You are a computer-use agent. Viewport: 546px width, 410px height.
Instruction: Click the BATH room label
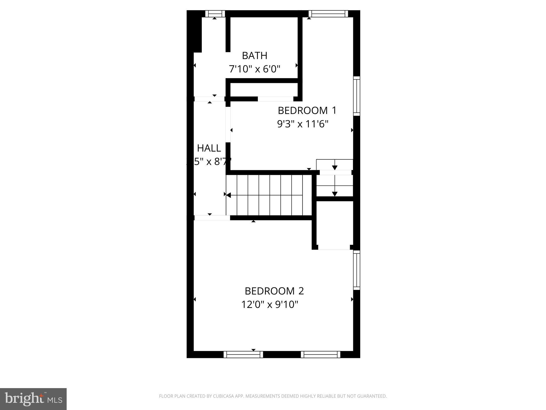point(255,56)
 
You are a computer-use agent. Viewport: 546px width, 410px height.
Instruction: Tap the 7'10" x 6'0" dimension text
point(255,69)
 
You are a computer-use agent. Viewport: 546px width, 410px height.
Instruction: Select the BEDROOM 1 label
point(307,111)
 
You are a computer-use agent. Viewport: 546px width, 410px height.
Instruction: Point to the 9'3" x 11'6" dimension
point(303,124)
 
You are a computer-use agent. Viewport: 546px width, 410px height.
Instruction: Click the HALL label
point(209,148)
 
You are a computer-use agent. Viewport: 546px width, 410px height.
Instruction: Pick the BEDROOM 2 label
point(274,291)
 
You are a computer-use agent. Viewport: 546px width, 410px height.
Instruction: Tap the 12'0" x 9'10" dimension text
point(270,304)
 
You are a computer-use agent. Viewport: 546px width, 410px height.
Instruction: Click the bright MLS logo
point(33,399)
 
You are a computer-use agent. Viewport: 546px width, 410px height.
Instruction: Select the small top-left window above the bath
point(215,14)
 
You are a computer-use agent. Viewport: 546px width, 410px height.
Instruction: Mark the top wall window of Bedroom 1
point(328,14)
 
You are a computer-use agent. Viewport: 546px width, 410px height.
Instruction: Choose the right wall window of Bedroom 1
point(357,96)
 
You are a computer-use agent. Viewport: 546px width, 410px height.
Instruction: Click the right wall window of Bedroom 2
point(357,270)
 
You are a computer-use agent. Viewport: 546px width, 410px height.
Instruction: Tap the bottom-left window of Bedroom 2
point(243,354)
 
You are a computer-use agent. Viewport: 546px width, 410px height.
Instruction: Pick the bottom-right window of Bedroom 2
point(321,354)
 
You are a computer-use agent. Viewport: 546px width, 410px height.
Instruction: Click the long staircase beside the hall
point(269,195)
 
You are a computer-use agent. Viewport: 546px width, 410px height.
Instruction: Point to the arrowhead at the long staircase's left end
point(228,195)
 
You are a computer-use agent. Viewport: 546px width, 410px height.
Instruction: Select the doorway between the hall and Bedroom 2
point(212,218)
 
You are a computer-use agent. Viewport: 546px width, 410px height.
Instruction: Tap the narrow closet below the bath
point(264,89)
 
